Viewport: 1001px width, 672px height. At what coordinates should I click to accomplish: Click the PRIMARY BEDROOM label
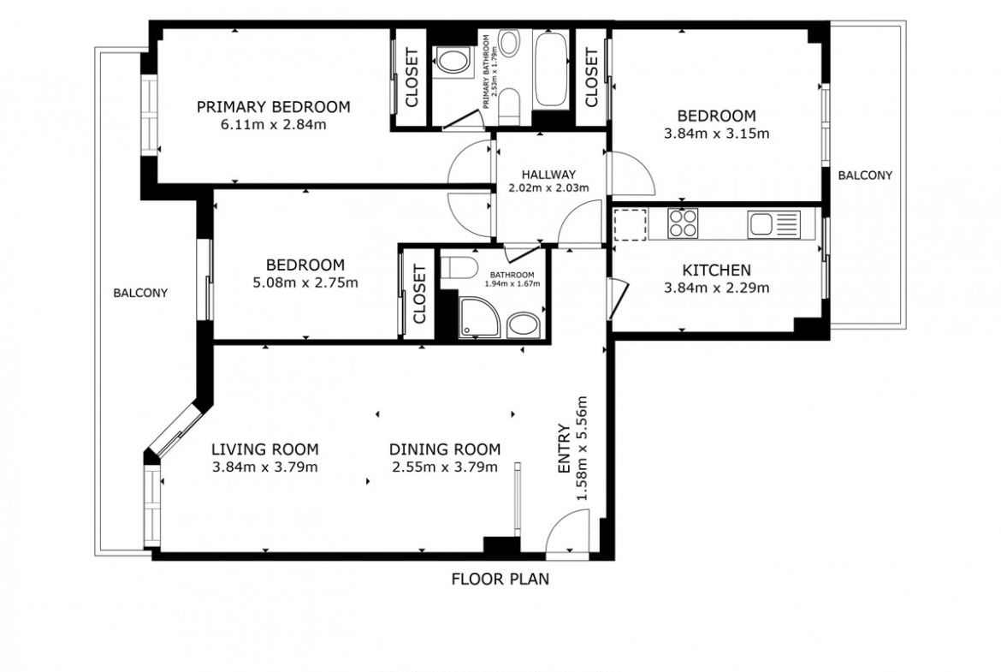click(273, 107)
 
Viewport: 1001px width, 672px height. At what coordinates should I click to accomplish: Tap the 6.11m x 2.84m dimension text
click(273, 125)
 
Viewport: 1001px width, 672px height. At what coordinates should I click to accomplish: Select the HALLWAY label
click(548, 175)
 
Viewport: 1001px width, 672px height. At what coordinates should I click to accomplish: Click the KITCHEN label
click(716, 271)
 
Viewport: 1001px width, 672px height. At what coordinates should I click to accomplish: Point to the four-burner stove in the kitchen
click(683, 223)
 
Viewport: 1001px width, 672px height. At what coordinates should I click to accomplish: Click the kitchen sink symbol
click(774, 224)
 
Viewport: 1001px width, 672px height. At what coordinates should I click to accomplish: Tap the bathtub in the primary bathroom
click(551, 69)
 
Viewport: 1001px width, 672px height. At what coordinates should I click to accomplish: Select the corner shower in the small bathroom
click(480, 317)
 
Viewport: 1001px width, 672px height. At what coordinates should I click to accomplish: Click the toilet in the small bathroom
click(459, 268)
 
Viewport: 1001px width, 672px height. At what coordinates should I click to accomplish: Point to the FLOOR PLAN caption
click(500, 580)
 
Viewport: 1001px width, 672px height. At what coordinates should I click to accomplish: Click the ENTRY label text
click(564, 449)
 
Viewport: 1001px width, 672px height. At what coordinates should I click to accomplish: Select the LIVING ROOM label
click(265, 449)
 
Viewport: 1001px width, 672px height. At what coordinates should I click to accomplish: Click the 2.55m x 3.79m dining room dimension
click(445, 467)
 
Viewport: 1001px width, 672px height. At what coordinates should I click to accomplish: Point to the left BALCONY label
click(140, 294)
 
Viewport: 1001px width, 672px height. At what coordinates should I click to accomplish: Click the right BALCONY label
click(865, 175)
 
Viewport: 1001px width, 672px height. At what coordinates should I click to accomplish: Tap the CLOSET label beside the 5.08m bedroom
click(419, 294)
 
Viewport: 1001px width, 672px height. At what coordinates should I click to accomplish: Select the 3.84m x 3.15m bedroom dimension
click(716, 134)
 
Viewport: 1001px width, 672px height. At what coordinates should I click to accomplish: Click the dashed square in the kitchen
click(631, 224)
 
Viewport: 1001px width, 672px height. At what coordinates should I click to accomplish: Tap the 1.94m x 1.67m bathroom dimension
click(512, 284)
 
